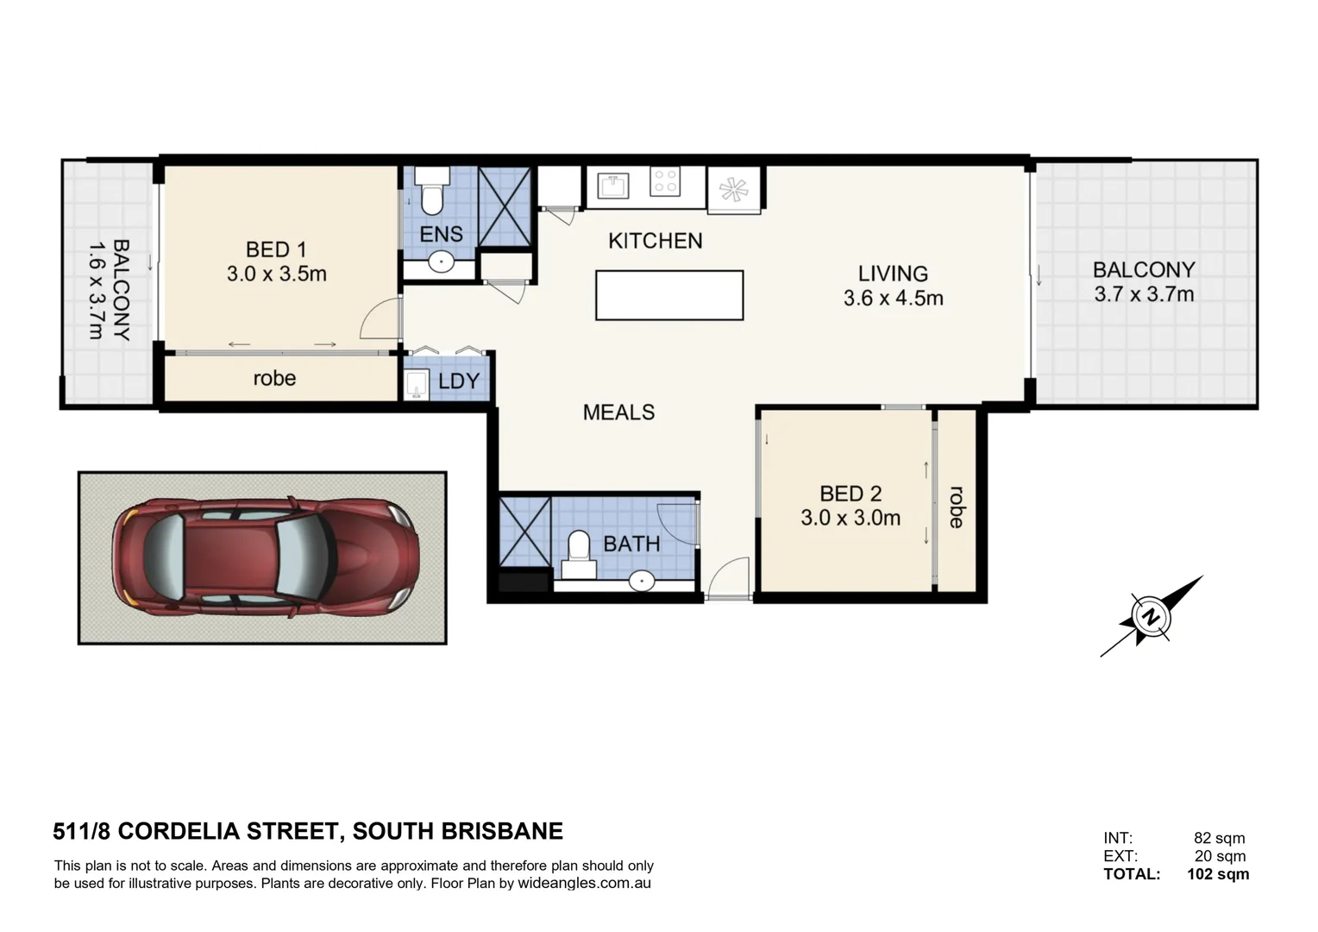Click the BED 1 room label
tap(276, 249)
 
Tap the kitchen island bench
tap(669, 295)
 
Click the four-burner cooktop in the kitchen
tap(665, 180)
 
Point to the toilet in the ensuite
tap(432, 191)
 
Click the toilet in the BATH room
tap(579, 555)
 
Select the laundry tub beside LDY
tap(416, 385)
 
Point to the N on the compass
tap(1150, 617)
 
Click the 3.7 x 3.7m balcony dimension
tap(1144, 293)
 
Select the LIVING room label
tap(893, 274)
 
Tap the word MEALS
tap(618, 412)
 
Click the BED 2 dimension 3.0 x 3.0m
tap(850, 518)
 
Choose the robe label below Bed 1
tap(274, 378)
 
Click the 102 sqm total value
tap(1217, 873)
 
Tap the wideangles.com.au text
tap(584, 883)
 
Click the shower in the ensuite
tap(505, 206)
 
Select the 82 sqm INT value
tap(1219, 837)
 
